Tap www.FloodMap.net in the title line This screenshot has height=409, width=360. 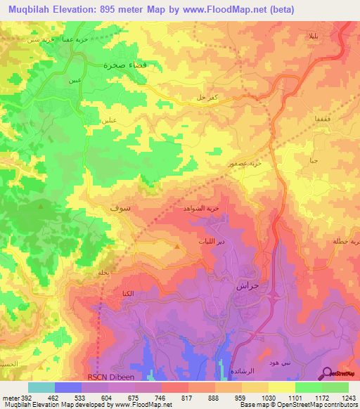click(227, 9)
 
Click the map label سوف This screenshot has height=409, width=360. click(120, 209)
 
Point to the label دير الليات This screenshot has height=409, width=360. click(210, 241)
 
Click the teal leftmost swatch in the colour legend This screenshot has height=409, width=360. click(41, 387)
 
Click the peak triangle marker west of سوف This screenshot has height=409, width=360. click(41, 207)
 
